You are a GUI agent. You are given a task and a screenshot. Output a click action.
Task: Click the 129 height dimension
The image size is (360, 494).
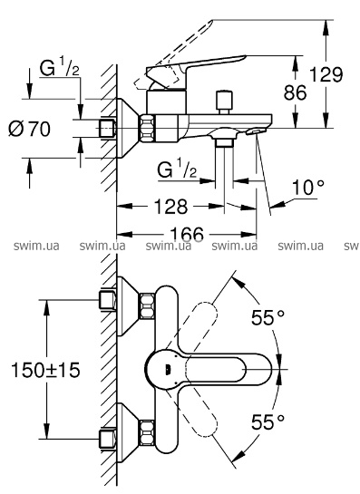coord(326,74)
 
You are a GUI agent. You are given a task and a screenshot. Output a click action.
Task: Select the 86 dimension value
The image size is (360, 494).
coord(295,92)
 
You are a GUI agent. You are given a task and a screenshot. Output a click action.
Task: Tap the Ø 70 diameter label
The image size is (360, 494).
coord(29,129)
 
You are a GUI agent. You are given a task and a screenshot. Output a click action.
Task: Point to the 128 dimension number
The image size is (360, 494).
coord(170,207)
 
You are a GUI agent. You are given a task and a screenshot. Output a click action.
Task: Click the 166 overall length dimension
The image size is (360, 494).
coord(187,234)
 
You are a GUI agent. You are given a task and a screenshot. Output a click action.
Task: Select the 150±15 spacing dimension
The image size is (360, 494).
coord(45,370)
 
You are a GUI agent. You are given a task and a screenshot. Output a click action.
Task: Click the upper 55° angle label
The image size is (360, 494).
coord(268,317)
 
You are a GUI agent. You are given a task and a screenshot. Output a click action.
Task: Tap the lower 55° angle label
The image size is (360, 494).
coord(268,421)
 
